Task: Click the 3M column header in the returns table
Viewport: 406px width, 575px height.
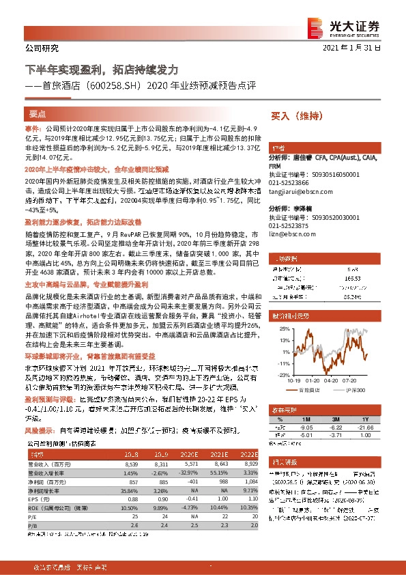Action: coord(334,419)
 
